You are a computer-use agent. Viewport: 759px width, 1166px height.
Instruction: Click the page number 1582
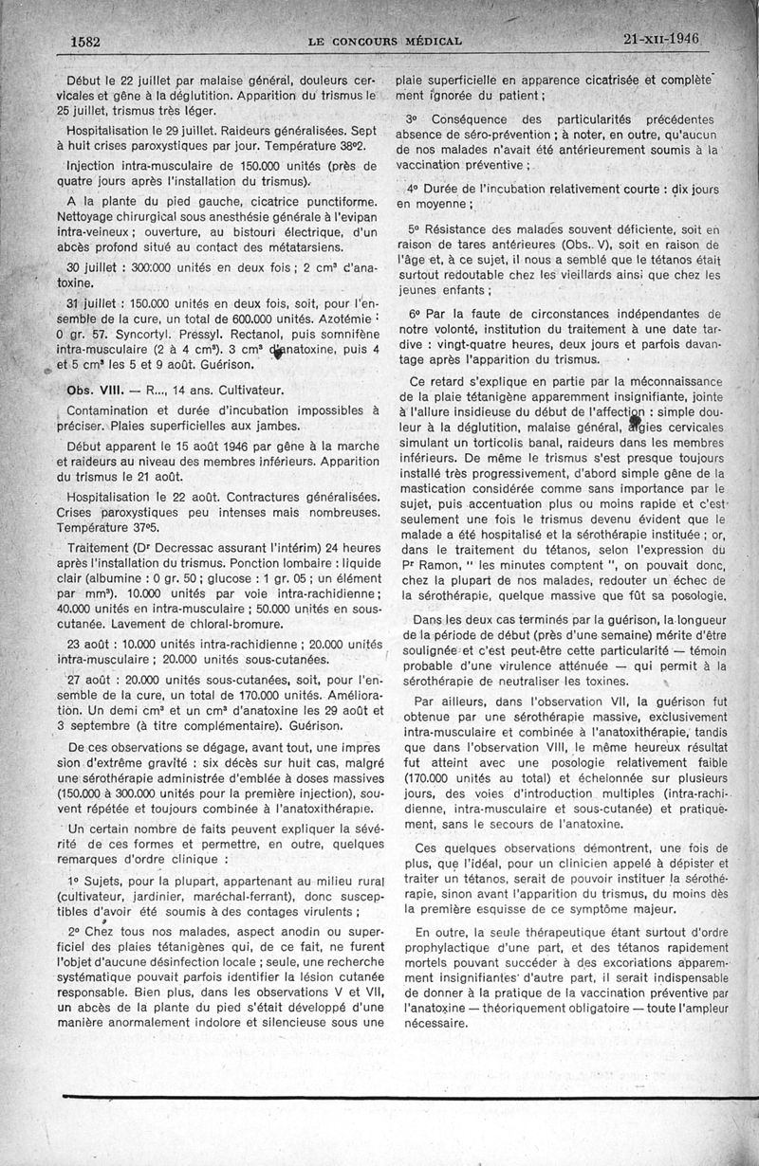pyautogui.click(x=85, y=42)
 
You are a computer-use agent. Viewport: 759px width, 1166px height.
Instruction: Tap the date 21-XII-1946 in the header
pyautogui.click(x=662, y=39)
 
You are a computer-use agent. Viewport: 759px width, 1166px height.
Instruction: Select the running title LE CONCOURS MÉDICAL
pyautogui.click(x=385, y=41)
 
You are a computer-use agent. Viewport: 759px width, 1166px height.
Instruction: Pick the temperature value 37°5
pyautogui.click(x=157, y=526)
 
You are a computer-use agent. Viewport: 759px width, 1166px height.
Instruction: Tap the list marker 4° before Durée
pyautogui.click(x=414, y=186)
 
